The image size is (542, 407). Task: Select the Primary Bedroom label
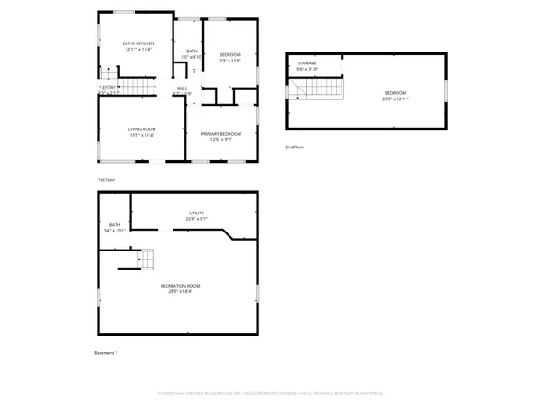(x=221, y=133)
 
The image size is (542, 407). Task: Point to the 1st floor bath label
(x=192, y=51)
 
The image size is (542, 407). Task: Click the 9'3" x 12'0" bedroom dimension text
(x=230, y=61)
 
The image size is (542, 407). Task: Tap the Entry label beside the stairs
(x=108, y=87)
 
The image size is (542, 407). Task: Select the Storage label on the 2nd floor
(x=307, y=63)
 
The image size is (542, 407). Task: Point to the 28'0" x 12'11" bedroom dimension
(x=396, y=99)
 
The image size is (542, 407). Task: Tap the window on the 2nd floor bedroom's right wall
(x=447, y=91)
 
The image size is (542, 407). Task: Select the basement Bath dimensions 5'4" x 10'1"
(x=115, y=231)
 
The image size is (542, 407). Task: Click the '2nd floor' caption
(x=295, y=147)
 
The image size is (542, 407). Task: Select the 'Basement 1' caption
(x=107, y=352)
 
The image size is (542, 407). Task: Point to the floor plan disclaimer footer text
(x=271, y=393)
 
